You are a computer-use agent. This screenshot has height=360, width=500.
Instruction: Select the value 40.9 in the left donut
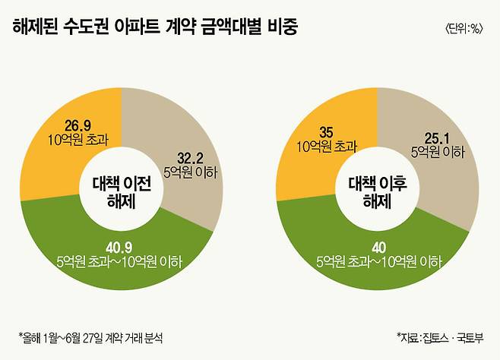point(119,248)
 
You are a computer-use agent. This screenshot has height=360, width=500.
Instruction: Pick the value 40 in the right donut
point(378,248)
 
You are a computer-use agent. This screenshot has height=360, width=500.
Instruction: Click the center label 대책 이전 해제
point(122,191)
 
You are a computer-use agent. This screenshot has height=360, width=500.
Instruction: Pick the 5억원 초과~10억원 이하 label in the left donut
point(119,261)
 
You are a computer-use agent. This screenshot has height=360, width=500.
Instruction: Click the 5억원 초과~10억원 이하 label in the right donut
point(378,261)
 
